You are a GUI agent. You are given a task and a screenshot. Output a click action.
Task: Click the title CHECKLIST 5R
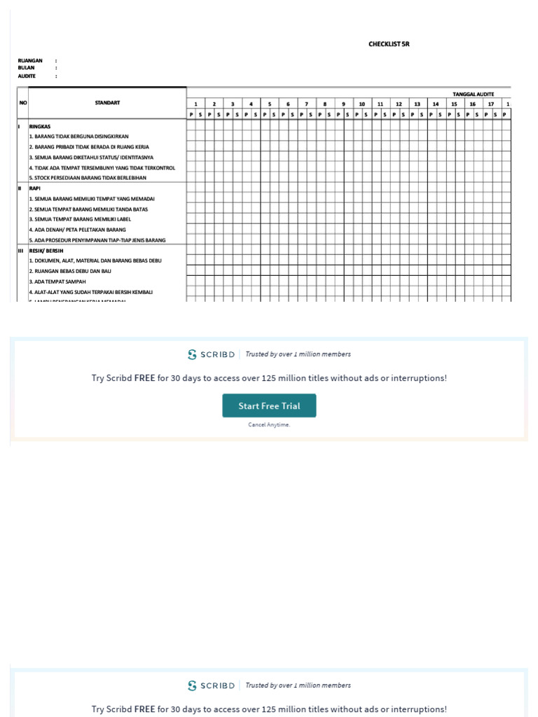(389, 44)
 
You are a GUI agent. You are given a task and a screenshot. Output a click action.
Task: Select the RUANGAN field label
(30, 61)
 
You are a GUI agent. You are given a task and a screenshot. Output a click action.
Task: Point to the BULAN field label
(27, 68)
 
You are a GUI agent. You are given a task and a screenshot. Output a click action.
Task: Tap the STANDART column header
(107, 103)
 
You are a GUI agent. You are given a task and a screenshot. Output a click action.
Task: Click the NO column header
(22, 103)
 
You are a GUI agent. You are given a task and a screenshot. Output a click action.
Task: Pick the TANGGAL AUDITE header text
(474, 94)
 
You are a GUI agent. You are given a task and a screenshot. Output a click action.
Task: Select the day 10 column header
(362, 104)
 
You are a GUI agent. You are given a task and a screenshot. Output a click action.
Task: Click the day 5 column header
(270, 104)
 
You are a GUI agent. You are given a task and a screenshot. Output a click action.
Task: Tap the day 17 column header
(491, 104)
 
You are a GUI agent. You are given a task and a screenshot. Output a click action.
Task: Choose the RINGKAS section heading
(41, 126)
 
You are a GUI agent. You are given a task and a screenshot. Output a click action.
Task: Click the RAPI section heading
(35, 188)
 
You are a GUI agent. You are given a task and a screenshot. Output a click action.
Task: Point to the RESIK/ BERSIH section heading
(46, 250)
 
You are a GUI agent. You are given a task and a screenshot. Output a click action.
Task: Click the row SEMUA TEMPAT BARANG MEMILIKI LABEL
(80, 219)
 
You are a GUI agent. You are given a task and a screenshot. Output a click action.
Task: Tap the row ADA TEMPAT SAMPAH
(57, 281)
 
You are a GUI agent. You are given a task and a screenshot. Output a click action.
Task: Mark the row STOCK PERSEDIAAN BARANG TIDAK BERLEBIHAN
(88, 178)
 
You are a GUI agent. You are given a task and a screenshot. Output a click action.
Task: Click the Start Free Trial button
(269, 406)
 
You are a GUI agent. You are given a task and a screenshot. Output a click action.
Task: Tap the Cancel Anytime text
(269, 425)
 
